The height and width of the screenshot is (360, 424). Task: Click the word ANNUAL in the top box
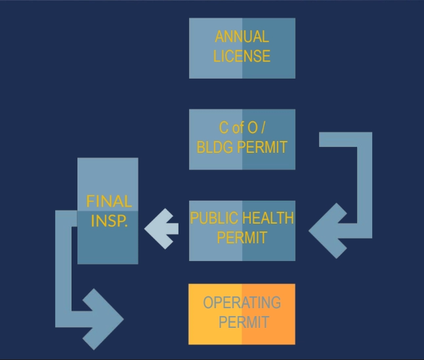point(242,37)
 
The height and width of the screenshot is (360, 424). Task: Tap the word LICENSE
point(242,56)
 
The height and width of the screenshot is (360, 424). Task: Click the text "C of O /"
point(242,127)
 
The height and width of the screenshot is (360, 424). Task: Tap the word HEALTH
point(268,218)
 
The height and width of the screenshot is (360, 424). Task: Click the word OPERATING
point(242,302)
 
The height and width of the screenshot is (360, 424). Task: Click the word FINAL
point(109,201)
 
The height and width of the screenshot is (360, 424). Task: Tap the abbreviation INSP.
point(109,221)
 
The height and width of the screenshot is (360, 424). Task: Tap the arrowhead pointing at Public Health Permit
point(327,231)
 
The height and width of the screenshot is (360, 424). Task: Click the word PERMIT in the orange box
point(244,322)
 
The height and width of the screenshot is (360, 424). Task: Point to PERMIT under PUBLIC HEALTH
point(242,237)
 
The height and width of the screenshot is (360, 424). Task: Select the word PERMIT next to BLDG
point(262,147)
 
